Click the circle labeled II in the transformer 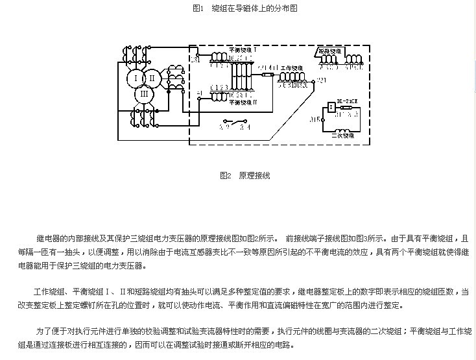point(151,78)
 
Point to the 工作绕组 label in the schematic point(292,67)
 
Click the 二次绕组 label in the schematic point(342,137)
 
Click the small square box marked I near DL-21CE point(331,107)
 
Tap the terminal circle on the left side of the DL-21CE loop point(323,119)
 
